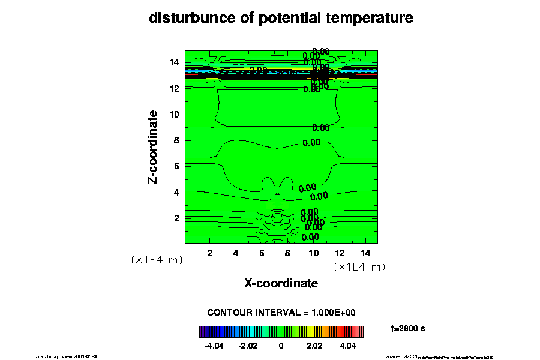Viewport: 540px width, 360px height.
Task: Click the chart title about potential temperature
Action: (281, 19)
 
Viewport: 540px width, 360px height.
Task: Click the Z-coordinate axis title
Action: (153, 146)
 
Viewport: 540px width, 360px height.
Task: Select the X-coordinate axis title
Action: (281, 283)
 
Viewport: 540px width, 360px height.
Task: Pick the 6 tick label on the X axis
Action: (262, 253)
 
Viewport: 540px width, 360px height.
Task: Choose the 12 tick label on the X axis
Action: (340, 253)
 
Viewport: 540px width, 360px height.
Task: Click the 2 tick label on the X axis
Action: (210, 253)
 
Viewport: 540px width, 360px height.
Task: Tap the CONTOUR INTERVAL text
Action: (281, 313)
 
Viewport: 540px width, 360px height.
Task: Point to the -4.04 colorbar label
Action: (214, 346)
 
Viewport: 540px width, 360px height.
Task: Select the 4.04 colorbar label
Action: (348, 346)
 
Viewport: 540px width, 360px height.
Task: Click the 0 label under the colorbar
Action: (281, 346)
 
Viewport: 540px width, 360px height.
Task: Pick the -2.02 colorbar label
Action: (247, 346)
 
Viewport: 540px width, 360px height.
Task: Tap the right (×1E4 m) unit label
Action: (359, 266)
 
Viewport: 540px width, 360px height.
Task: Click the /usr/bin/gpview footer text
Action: (67, 356)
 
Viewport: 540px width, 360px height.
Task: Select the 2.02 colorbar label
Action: (314, 346)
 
